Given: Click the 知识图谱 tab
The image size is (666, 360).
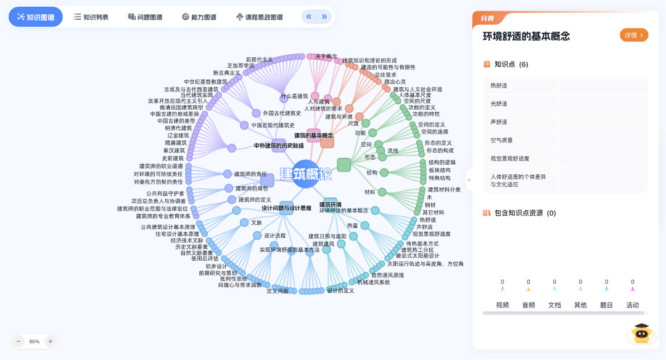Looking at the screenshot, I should pos(36,17).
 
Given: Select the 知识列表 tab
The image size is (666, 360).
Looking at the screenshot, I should pos(91,17).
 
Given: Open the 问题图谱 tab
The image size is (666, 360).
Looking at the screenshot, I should pos(145,17).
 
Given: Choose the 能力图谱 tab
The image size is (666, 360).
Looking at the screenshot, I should pos(199,17).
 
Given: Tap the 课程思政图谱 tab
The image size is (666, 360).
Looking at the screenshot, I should pos(259,17).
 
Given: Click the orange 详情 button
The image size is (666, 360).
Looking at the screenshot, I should pos(634,35).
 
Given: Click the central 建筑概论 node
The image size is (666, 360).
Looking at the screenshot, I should pos(306,173).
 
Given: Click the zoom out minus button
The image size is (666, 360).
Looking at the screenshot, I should pos(18,341).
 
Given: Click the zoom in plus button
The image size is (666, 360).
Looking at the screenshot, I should pos(51,341).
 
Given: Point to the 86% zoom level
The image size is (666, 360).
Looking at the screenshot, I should pos(35,341).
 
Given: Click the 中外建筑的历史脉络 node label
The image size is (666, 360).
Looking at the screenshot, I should pos(279,146).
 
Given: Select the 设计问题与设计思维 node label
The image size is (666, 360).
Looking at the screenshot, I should pos(286,208).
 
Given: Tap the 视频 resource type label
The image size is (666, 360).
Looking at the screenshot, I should pos(503,305).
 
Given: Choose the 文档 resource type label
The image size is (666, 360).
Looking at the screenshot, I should pos(554,305).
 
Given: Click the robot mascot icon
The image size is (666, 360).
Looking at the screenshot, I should pos(641,334).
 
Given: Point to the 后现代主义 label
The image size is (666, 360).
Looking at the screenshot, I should pos(259,60).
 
